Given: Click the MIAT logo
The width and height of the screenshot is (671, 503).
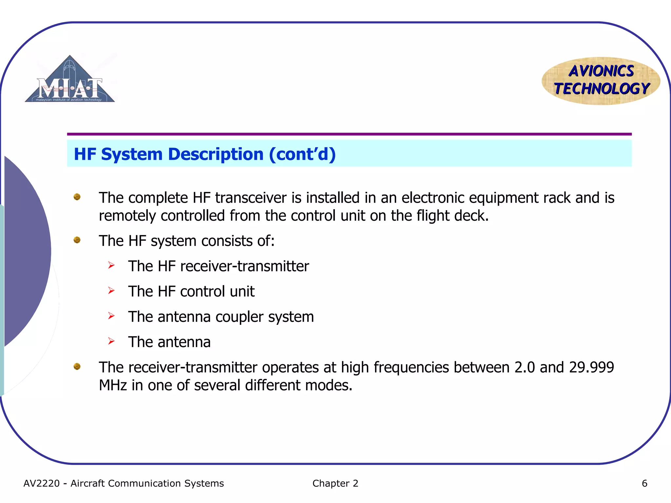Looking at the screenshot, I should click(70, 80).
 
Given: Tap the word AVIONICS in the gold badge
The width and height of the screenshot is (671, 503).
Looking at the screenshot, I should click(601, 71).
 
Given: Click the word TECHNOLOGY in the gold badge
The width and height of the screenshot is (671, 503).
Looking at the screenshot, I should click(602, 89).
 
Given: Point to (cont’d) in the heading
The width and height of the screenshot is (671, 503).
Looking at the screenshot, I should click(302, 154).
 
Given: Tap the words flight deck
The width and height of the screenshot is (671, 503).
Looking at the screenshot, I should click(452, 216).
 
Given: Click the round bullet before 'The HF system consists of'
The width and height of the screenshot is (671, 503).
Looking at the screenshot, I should click(77, 240).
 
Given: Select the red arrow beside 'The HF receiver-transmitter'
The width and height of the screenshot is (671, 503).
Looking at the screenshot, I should click(111, 265).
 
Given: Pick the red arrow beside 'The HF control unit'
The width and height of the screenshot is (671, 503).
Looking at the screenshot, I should click(111, 290).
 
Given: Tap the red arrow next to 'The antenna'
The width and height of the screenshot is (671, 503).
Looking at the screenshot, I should click(111, 341).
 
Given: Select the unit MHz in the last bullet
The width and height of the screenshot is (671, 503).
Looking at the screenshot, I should click(113, 385).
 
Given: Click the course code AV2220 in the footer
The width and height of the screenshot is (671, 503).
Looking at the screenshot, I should click(42, 483).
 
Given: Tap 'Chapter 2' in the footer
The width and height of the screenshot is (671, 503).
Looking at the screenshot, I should click(335, 483).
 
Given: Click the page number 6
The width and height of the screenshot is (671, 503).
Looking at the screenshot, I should click(644, 483).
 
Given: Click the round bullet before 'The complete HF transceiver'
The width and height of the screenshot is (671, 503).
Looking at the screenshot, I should click(77, 197).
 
